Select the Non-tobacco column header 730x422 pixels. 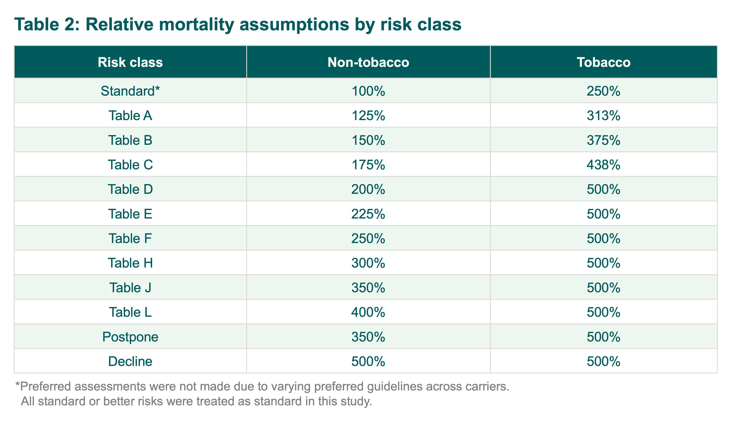(368, 62)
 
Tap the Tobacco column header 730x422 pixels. (603, 62)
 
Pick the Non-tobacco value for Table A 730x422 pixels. (368, 115)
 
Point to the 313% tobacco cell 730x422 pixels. (603, 115)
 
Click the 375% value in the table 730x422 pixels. (603, 140)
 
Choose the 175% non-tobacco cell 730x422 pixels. (368, 165)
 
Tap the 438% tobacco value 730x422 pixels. (603, 165)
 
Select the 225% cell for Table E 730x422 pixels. (368, 214)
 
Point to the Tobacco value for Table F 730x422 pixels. (603, 238)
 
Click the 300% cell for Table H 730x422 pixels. (368, 263)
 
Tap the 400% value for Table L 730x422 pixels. (368, 312)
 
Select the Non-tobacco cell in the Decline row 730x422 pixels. (368, 361)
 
